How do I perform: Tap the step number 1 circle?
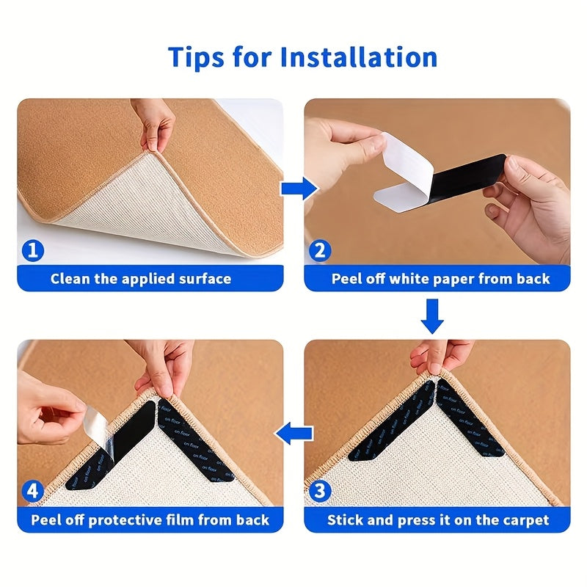pyautogui.click(x=32, y=251)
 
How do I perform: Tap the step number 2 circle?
pyautogui.click(x=319, y=251)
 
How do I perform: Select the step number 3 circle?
pyautogui.click(x=319, y=491)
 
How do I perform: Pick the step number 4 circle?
pyautogui.click(x=32, y=491)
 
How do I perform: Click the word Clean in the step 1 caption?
pyautogui.click(x=71, y=279)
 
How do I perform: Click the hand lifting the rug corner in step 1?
pyautogui.click(x=156, y=125)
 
